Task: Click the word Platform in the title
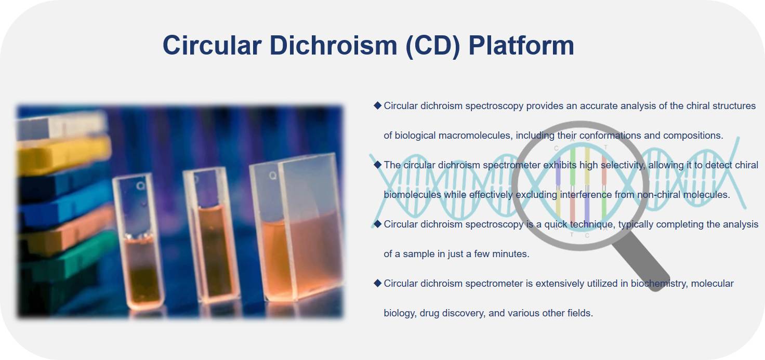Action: [521, 45]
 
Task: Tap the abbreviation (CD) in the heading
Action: [433, 46]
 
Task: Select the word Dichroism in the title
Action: [333, 45]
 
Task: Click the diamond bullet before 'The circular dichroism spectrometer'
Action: [377, 165]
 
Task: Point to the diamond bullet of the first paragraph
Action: [377, 105]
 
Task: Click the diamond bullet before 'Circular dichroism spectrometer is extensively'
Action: [377, 283]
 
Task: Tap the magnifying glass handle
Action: [641, 261]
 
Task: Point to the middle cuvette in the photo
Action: [210, 235]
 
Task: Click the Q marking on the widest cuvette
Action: [272, 176]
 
